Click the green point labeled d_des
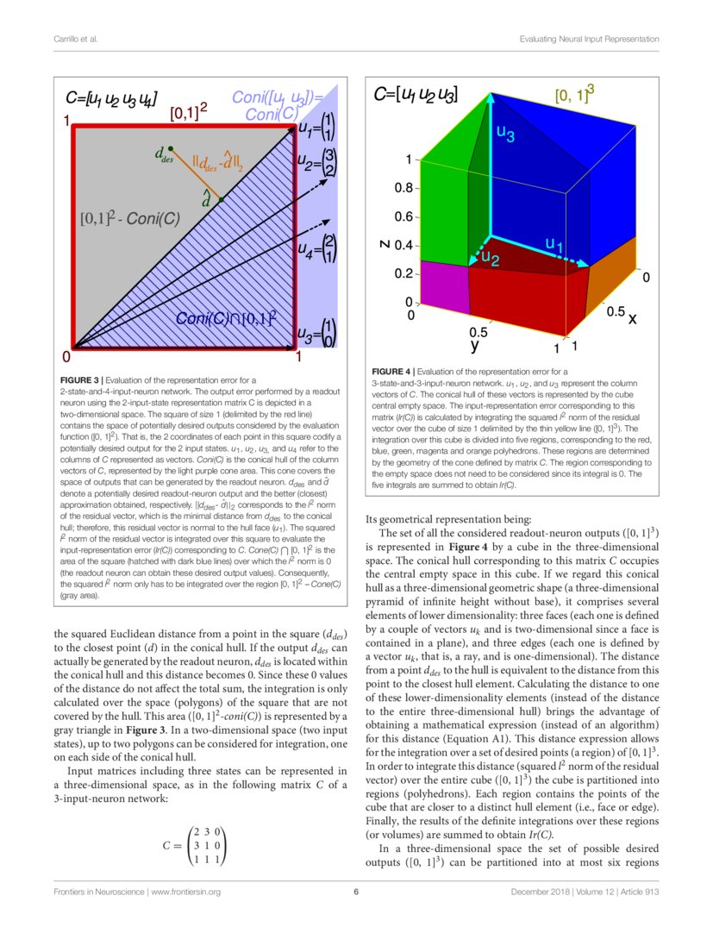click(172, 148)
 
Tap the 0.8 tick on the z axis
click(403, 188)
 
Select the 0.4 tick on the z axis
click(403, 246)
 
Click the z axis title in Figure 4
click(384, 244)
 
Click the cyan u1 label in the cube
click(554, 246)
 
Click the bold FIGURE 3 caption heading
click(79, 379)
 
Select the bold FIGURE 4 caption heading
click(392, 371)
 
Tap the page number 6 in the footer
click(355, 891)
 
